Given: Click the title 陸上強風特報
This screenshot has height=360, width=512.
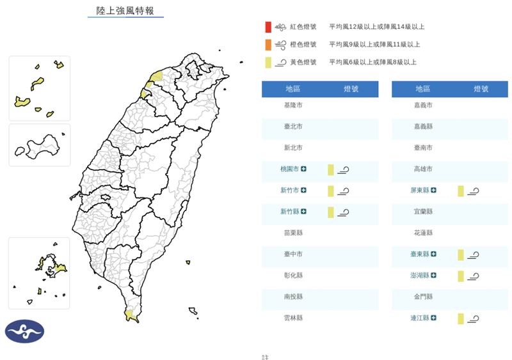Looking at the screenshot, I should click(x=125, y=11).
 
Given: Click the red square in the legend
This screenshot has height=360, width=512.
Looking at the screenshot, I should click(x=268, y=27).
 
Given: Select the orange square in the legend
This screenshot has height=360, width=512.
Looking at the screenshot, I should click(x=268, y=45).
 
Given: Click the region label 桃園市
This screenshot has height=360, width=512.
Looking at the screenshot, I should click(x=290, y=169).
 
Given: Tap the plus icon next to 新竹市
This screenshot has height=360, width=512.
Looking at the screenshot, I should click(x=303, y=191).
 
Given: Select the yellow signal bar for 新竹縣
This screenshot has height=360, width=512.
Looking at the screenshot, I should click(x=331, y=212).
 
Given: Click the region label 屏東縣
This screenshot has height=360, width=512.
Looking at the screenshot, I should click(x=420, y=191).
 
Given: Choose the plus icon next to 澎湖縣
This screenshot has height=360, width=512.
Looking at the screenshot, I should click(x=434, y=276).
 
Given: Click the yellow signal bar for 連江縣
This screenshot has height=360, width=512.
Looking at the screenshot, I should click(x=460, y=318).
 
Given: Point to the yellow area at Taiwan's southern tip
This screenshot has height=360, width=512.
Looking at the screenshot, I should click(x=131, y=315).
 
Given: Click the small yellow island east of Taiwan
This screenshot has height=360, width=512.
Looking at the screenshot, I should click(x=188, y=262).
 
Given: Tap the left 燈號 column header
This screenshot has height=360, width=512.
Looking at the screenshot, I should click(x=351, y=89).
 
